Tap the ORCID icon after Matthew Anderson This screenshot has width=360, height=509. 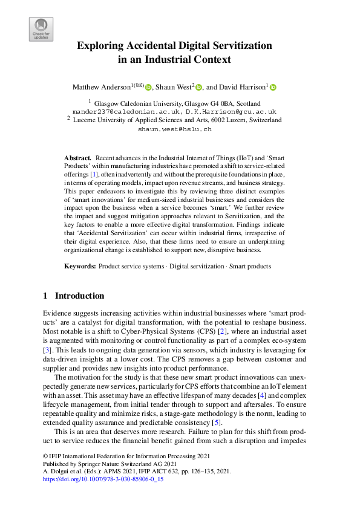[148, 88]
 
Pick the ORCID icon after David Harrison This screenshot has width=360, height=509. [273, 88]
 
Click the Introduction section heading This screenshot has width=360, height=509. [79, 296]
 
